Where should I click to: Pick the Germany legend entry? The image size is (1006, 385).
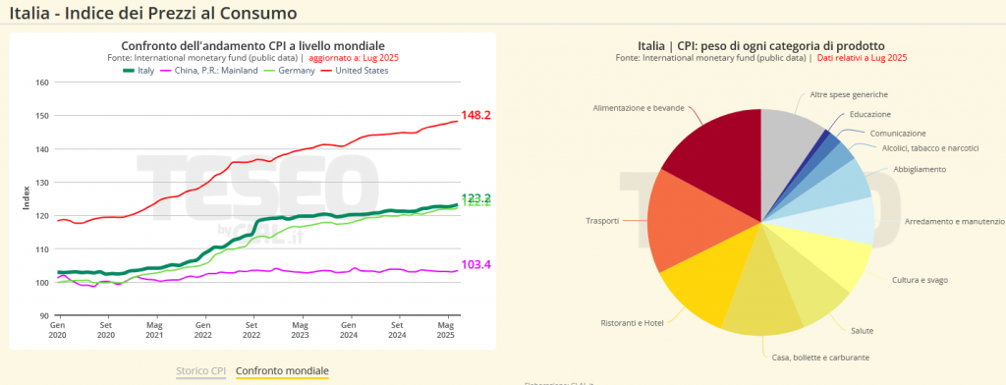point(289,71)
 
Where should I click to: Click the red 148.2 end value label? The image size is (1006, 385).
point(475,116)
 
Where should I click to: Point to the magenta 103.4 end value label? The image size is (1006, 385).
point(475,265)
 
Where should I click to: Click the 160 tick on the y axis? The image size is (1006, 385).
point(42,82)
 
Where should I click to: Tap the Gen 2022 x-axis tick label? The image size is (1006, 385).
point(202,329)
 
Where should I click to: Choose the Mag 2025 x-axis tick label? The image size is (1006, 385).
point(445,329)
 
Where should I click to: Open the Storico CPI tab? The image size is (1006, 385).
point(200,371)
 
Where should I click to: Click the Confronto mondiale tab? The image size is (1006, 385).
point(283,371)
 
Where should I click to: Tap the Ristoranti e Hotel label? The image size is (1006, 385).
point(634,322)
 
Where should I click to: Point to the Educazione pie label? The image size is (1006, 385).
point(869,114)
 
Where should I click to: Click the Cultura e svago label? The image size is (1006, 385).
point(920,280)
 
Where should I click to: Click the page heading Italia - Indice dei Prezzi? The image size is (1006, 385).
point(152,14)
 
